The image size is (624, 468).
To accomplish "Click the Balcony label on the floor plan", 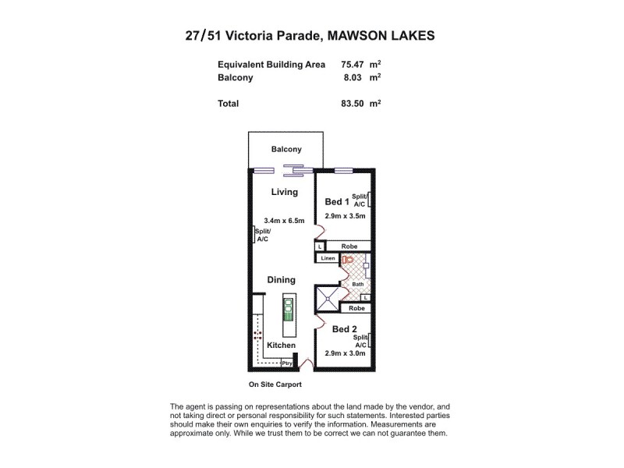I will click(286, 150).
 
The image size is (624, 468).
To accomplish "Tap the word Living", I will click(285, 192).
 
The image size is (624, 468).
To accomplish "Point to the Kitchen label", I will click(281, 345).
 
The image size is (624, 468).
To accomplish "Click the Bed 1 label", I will click(337, 202).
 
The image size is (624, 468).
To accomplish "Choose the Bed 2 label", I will click(344, 329).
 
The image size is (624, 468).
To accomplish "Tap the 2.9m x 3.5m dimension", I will click(345, 216).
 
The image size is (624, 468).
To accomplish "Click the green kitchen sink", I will click(288, 311).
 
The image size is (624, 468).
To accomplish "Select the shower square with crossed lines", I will click(328, 296).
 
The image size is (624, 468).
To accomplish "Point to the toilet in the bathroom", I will click(348, 261).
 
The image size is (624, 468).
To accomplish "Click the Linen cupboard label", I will click(327, 257).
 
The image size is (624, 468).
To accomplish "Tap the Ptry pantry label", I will click(286, 363).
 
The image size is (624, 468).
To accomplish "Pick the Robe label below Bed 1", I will click(348, 246).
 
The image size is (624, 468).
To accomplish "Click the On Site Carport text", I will click(275, 385).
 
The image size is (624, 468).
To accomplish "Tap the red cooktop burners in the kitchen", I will click(257, 338).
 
